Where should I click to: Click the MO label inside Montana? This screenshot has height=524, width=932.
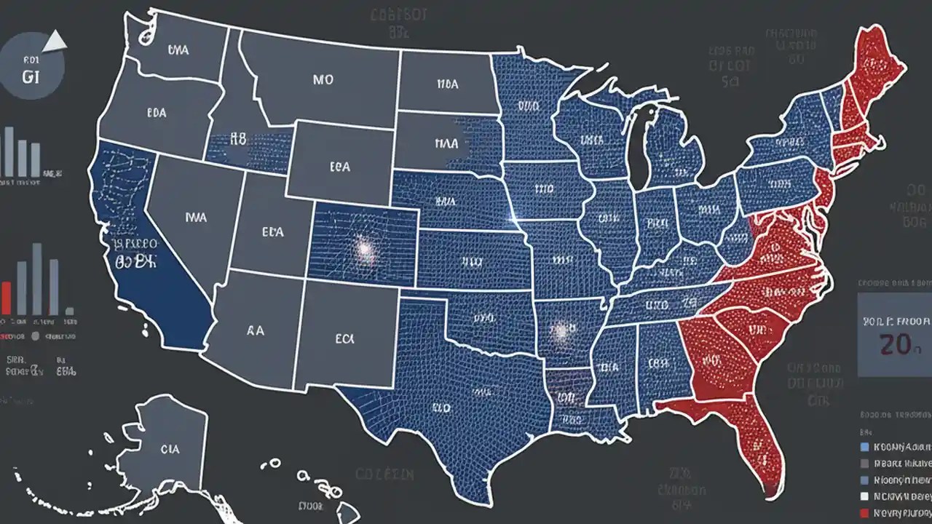[323, 81]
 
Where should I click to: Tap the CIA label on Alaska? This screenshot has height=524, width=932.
[170, 450]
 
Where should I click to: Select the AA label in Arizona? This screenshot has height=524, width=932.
[255, 330]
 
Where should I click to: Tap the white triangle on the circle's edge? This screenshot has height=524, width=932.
[54, 46]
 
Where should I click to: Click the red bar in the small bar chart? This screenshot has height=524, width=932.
[6, 298]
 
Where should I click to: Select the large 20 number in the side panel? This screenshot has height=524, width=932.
[896, 344]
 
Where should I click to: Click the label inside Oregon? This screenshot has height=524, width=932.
[157, 113]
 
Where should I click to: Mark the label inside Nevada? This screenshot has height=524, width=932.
[196, 216]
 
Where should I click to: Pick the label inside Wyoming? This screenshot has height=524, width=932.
[339, 167]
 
